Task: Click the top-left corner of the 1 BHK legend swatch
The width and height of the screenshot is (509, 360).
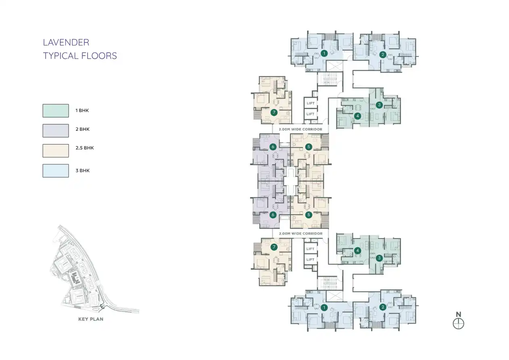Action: coord(43,104)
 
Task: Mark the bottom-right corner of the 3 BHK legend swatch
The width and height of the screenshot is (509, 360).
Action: coord(69,178)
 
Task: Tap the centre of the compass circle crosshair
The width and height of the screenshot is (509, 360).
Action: coord(458,323)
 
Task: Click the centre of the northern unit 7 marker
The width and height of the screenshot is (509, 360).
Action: coord(274,112)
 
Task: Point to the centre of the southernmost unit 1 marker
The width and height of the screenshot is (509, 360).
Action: coord(324,308)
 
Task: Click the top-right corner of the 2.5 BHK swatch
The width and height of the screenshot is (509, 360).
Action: coord(69,144)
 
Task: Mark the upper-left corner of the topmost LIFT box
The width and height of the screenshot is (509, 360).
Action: coord(304,98)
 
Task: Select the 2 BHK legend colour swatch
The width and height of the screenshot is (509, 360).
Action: coord(56,131)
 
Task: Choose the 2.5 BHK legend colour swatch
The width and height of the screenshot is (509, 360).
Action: coord(56,151)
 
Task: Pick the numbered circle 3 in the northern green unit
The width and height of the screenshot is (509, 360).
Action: coord(379,105)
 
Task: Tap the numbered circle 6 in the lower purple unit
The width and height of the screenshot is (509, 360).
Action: coord(273,215)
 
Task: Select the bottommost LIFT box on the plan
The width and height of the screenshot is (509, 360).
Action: coord(311,260)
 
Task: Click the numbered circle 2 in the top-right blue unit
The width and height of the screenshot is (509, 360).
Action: coord(383,54)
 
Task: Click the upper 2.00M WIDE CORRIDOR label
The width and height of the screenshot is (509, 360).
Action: coord(300,130)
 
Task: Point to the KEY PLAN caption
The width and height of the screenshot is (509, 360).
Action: coord(91,319)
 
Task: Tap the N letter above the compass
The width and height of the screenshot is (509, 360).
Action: coord(458,314)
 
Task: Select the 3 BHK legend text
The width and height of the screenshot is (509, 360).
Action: coord(83,171)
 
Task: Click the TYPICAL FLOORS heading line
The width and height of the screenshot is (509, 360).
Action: coord(80,56)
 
